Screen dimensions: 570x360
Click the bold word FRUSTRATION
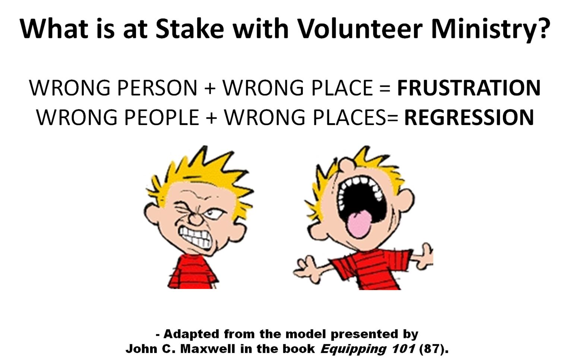point(469,88)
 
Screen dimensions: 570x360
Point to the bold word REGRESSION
point(469,117)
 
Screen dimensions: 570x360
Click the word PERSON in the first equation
point(157,88)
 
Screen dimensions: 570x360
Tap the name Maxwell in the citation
point(208,349)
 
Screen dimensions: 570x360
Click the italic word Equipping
point(354,349)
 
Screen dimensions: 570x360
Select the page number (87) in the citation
point(433,349)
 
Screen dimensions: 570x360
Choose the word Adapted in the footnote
point(191,334)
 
